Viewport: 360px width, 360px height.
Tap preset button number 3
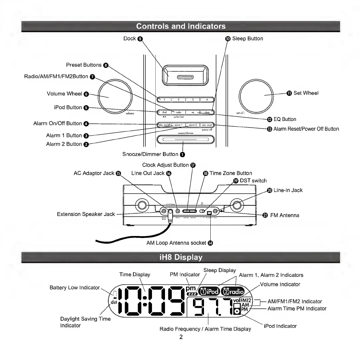coord(192,99)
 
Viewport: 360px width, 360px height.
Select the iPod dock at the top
coord(185,75)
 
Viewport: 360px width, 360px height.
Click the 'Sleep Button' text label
coord(247,39)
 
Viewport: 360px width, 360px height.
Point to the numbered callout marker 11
coord(289,93)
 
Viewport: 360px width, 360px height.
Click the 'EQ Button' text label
coord(284,119)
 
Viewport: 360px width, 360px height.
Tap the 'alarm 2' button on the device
coord(192,125)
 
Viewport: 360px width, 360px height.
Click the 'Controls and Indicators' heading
coord(181,26)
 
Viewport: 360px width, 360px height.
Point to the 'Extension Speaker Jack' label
coord(86,214)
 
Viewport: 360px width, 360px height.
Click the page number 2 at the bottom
coord(181,337)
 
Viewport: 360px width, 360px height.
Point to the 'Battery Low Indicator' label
coord(74,287)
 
